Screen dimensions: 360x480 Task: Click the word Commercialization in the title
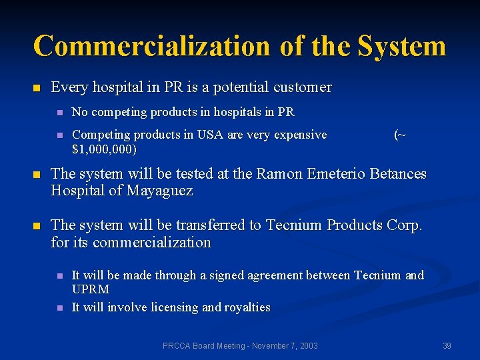point(151,46)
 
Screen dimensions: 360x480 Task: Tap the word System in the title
point(401,46)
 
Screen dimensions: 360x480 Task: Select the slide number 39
point(447,346)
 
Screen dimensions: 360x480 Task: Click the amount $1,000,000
point(104,149)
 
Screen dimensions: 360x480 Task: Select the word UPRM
point(91,289)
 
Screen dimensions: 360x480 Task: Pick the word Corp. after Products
point(403,225)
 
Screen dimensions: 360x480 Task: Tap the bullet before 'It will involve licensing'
point(59,308)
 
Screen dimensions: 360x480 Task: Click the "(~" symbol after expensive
point(399,135)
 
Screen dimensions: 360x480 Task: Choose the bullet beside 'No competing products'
point(59,113)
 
